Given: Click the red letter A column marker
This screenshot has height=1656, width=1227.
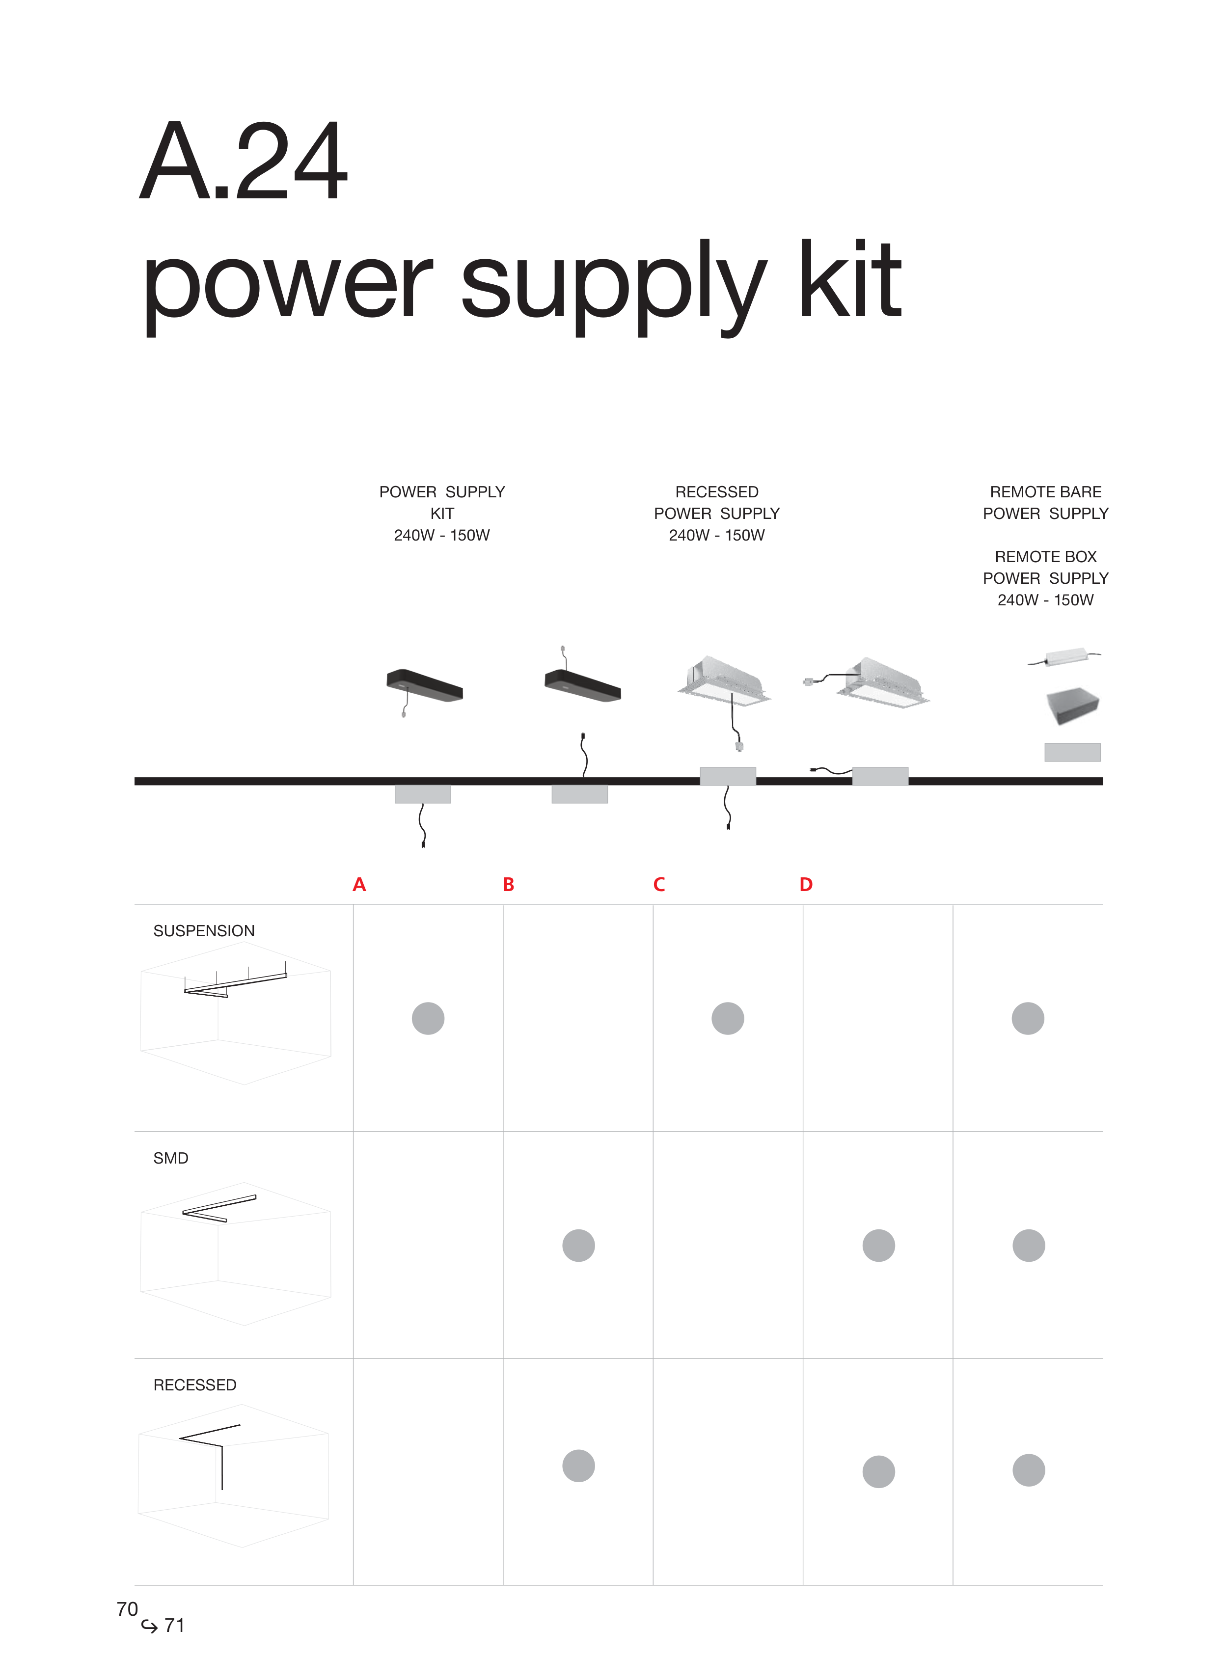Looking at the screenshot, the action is (x=359, y=884).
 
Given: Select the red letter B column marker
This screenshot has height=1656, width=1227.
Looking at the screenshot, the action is (x=509, y=884).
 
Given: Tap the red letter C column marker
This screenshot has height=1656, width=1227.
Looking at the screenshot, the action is (x=659, y=884).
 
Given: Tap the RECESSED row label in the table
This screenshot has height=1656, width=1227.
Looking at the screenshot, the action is (x=194, y=1385).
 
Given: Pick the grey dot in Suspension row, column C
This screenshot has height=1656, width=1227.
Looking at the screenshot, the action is (x=728, y=1018).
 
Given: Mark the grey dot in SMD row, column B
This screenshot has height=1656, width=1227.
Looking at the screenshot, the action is (x=578, y=1246).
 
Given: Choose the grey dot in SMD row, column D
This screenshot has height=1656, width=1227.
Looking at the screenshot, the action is (x=879, y=1246).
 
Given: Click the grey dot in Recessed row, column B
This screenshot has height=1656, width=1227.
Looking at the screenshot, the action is (x=578, y=1466).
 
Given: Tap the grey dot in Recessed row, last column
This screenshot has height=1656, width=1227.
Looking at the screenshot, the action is (x=1029, y=1470).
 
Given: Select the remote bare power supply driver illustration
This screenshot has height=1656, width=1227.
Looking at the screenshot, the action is (x=1064, y=657).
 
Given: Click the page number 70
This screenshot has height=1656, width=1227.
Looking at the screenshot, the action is (x=127, y=1609).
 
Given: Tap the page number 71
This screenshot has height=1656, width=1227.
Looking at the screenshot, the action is (x=174, y=1626).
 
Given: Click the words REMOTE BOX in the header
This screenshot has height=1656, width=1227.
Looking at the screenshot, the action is (x=1046, y=557).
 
